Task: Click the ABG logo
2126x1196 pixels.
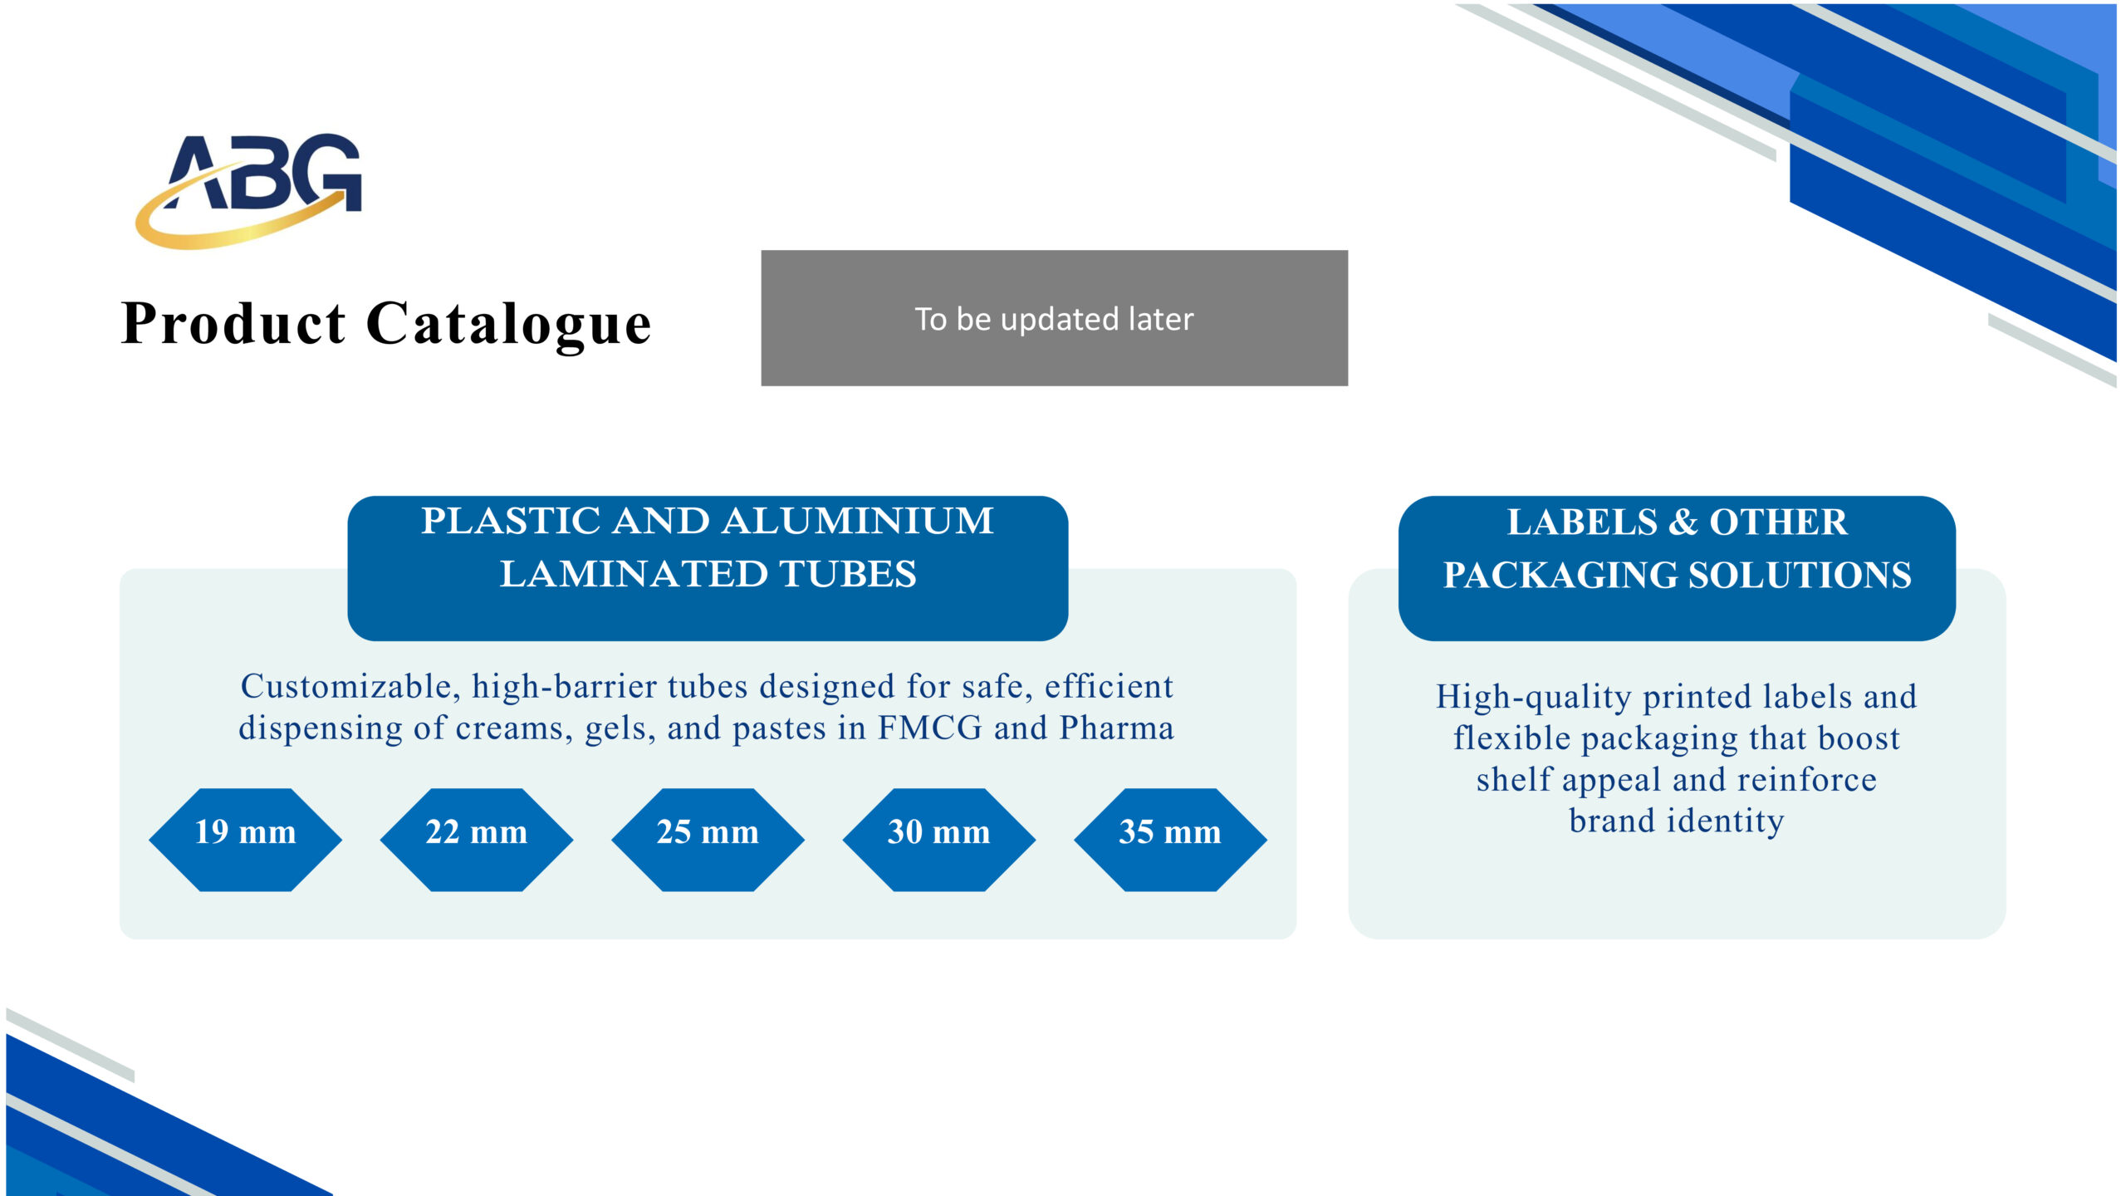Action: click(249, 189)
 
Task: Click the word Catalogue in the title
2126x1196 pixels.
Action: click(508, 325)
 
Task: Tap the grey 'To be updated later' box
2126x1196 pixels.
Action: click(1054, 318)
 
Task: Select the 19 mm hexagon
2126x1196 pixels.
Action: click(245, 840)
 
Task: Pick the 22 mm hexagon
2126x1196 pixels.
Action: click(477, 840)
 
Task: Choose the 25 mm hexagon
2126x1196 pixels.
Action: click(708, 840)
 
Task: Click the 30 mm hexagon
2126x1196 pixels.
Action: click(938, 840)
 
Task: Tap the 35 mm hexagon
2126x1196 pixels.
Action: click(1170, 840)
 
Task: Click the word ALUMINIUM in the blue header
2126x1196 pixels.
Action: click(858, 522)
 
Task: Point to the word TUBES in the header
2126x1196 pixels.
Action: click(848, 575)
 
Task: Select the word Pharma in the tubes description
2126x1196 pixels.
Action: click(1117, 728)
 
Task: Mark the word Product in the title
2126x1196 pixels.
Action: click(233, 324)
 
